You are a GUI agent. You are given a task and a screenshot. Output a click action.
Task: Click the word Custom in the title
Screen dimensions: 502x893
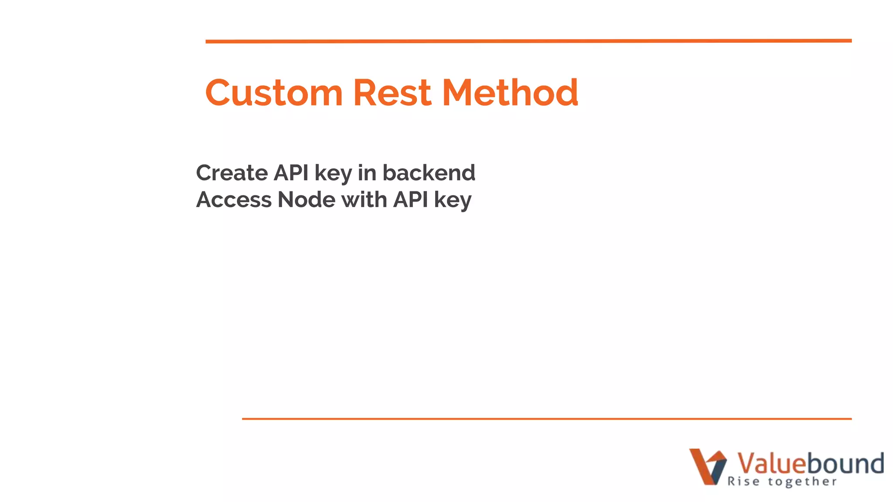click(x=274, y=93)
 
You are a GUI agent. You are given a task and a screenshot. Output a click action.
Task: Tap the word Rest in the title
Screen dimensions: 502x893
click(x=392, y=93)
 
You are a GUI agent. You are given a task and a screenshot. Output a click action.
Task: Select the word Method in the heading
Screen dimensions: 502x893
click(x=510, y=93)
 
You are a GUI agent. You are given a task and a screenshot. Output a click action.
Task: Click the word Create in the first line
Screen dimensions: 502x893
click(x=232, y=173)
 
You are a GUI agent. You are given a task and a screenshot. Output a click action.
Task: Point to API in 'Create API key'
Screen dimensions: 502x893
click(x=291, y=173)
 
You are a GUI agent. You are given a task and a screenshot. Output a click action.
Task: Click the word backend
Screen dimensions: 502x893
click(x=429, y=173)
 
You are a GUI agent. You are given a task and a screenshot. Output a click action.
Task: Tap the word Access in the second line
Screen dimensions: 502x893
click(x=234, y=200)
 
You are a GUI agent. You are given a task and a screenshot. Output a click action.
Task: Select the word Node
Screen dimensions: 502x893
click(x=307, y=200)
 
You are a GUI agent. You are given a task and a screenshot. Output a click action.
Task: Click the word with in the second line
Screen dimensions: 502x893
click(x=364, y=200)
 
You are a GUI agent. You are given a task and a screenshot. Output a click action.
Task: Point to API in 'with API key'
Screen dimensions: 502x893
click(x=410, y=200)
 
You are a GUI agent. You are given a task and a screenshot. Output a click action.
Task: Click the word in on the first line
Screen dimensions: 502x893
click(x=367, y=173)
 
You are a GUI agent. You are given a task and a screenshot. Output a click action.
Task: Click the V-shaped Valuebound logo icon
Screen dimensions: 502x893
click(x=707, y=467)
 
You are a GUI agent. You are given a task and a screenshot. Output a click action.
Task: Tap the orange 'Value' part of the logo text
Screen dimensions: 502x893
click(x=770, y=463)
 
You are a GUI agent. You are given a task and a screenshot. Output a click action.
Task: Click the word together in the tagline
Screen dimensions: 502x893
click(x=802, y=482)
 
